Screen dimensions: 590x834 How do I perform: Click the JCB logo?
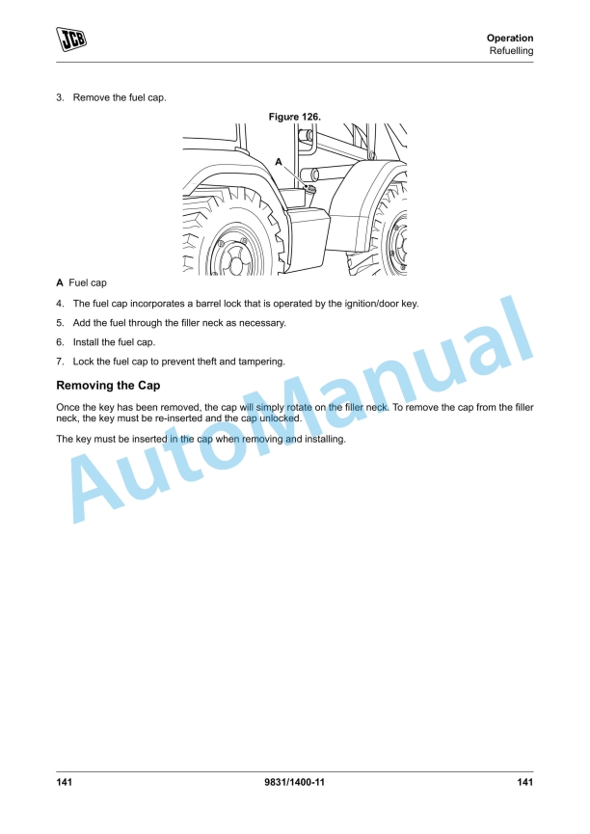[71, 40]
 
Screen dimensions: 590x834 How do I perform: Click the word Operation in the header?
[510, 39]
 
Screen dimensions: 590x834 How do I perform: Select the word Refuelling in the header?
[511, 51]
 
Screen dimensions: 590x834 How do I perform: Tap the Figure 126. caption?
[295, 117]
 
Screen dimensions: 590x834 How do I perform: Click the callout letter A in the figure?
[279, 162]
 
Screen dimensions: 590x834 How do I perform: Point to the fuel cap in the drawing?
[309, 188]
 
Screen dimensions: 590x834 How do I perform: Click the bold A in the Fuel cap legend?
[60, 282]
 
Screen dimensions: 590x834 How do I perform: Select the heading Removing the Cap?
[108, 386]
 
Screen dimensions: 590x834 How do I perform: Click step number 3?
[60, 98]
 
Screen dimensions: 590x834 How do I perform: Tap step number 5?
[60, 323]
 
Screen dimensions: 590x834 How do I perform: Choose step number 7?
[60, 362]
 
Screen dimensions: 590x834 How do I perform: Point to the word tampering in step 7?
[261, 363]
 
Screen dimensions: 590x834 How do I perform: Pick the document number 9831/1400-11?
[294, 782]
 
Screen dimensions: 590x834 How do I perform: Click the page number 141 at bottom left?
[64, 782]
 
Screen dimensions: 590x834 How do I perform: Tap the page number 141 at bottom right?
[525, 782]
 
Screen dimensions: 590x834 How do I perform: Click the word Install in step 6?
[84, 342]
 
